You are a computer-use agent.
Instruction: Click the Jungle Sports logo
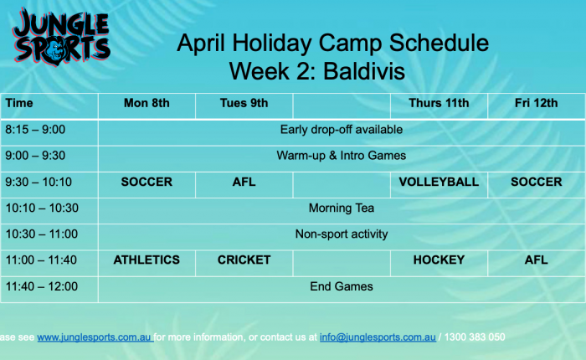coord(62,38)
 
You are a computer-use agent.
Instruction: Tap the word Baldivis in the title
coord(364,71)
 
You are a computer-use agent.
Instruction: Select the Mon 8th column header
coord(146,103)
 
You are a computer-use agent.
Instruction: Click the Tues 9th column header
coord(244,103)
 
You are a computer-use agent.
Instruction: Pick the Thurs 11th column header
coord(439,103)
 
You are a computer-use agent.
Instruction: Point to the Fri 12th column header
coord(537,103)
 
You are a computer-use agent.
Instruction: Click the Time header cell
coord(19,103)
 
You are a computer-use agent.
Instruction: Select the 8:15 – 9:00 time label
coord(35,130)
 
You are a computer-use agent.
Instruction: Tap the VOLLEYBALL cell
coord(439,182)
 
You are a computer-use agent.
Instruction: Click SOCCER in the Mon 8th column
coord(146,182)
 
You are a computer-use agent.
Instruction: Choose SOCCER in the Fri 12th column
coord(537,182)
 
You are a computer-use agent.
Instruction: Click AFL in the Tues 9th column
coord(244,182)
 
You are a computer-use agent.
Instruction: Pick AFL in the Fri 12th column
coord(537,260)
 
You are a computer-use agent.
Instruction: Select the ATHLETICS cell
coord(146,260)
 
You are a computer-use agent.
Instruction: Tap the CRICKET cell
coord(244,260)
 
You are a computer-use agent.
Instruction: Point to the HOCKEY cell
coord(439,260)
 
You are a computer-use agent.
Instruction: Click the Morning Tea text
coord(342,208)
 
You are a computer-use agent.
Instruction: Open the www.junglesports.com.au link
coord(95,337)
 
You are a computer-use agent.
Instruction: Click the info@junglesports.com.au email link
coord(378,337)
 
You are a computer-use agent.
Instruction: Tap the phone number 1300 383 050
coord(475,337)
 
